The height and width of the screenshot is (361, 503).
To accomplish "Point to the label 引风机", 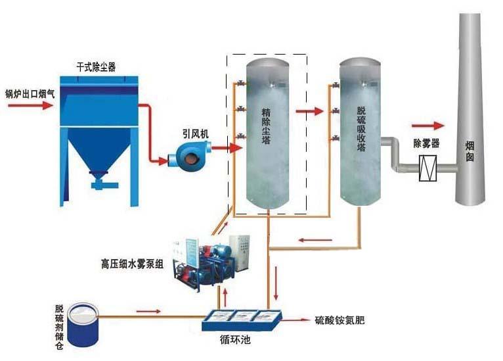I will click(195, 132).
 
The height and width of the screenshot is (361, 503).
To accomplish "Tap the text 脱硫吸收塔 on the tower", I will click(361, 129).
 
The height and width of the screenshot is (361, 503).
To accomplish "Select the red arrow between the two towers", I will click(309, 111).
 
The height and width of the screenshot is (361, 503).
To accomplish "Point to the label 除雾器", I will click(426, 143).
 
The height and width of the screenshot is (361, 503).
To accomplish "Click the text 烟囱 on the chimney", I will click(470, 152).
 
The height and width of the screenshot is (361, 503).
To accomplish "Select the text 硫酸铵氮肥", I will click(339, 321).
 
